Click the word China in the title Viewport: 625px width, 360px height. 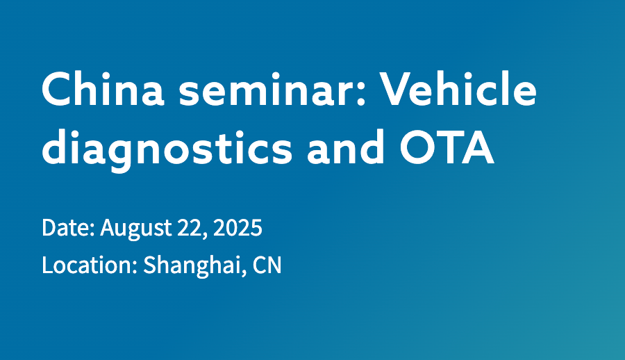coord(103,88)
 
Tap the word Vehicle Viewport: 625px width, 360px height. coord(458,88)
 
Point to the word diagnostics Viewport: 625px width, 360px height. coord(167,147)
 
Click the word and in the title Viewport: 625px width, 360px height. coord(346,147)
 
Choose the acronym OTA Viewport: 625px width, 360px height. coord(447,147)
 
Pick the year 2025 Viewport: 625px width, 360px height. coord(237,228)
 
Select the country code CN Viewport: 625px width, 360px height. coord(267,265)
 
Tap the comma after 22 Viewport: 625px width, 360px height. coord(206,236)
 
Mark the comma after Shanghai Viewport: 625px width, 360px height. coord(244,274)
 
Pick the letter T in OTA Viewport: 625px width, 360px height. coord(448,147)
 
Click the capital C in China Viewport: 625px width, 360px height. coord(57,89)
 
